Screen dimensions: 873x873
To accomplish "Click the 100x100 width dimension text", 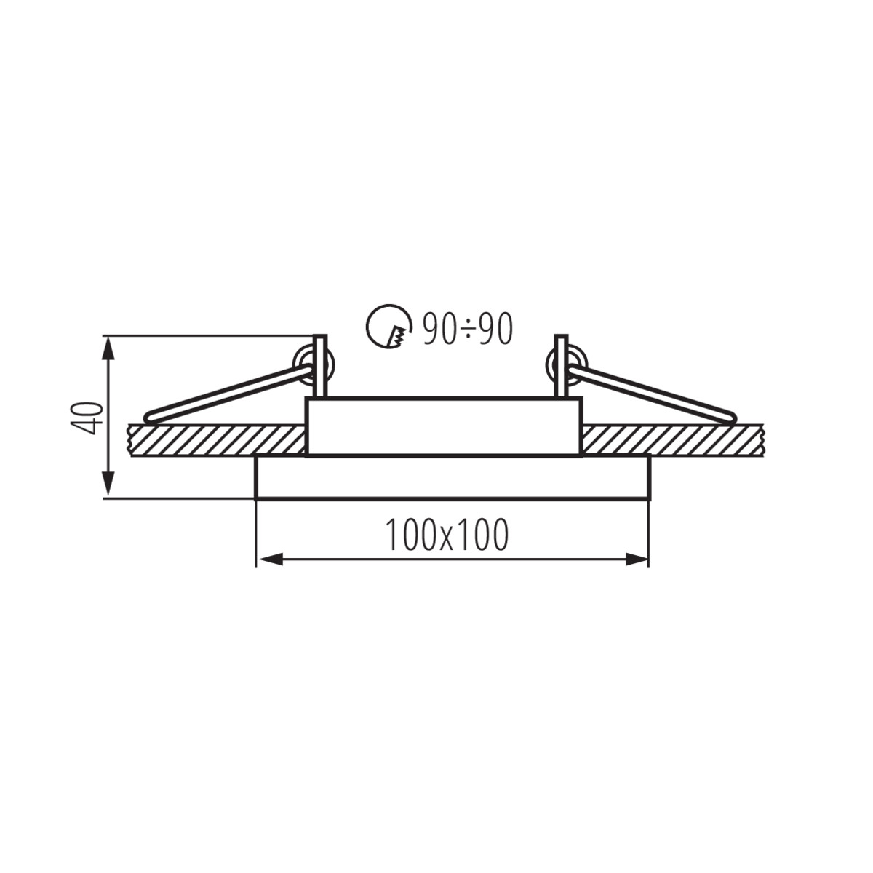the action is point(447,535).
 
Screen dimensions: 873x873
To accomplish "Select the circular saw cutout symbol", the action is point(389,325).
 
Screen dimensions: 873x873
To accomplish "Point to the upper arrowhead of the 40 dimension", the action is point(108,349).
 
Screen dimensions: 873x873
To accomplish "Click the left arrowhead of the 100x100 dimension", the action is point(270,559).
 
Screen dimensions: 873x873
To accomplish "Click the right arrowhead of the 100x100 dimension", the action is point(636,559).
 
